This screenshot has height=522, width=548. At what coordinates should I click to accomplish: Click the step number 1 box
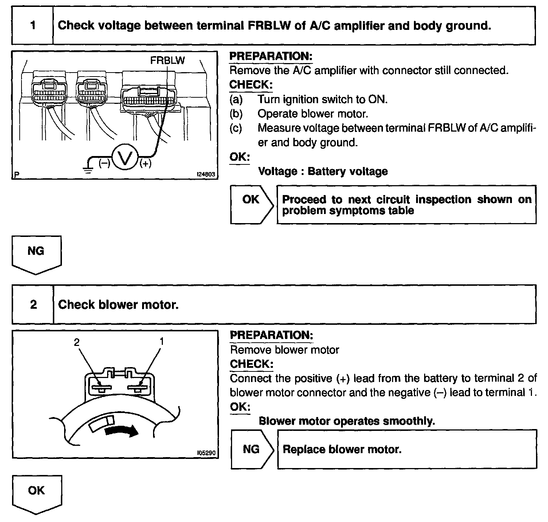(33, 26)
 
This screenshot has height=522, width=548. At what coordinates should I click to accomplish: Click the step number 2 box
(33, 304)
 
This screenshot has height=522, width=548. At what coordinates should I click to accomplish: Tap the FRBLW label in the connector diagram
(167, 60)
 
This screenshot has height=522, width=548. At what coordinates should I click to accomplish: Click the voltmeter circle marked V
(125, 159)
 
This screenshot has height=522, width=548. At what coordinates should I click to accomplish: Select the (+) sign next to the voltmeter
(145, 164)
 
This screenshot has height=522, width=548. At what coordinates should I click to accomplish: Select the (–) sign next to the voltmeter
(104, 164)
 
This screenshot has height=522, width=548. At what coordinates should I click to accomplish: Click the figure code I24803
(206, 175)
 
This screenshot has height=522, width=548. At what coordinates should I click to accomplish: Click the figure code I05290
(206, 453)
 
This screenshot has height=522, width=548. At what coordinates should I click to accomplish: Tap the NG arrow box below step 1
(36, 253)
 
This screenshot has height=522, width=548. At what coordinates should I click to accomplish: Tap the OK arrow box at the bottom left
(36, 493)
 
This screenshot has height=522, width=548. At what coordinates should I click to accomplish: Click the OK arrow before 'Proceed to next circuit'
(251, 204)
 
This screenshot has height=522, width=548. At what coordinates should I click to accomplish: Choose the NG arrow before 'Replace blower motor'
(251, 449)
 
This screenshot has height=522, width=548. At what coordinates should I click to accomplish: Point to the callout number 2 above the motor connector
(77, 342)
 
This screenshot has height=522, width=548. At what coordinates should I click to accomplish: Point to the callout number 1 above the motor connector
(161, 341)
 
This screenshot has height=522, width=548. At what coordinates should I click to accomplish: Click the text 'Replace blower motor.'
(342, 449)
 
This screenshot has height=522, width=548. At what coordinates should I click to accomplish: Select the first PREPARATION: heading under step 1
(271, 56)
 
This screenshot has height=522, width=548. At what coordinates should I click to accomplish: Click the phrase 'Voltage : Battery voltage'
(323, 171)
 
